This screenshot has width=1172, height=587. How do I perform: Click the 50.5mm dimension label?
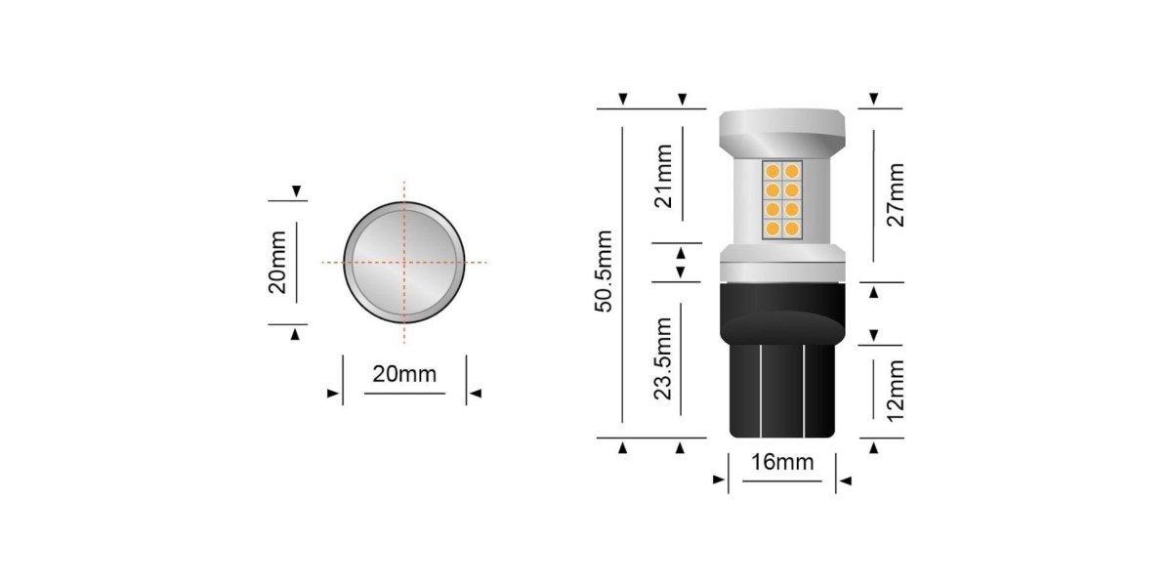(605, 272)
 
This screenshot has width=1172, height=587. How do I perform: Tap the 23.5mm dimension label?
(665, 358)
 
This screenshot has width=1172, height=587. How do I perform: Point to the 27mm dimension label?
(896, 194)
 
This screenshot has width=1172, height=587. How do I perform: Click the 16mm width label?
(781, 462)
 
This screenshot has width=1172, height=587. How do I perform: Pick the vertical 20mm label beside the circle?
(278, 262)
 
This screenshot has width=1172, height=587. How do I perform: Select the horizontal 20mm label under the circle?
(404, 374)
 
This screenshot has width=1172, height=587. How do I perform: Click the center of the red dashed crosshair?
(403, 263)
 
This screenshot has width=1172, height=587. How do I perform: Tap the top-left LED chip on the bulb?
(771, 172)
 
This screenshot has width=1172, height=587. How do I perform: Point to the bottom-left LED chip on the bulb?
(771, 230)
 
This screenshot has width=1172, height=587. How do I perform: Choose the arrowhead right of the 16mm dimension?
(846, 481)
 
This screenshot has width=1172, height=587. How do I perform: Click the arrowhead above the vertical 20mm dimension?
(295, 190)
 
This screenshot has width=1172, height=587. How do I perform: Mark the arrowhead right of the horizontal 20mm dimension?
(476, 394)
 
